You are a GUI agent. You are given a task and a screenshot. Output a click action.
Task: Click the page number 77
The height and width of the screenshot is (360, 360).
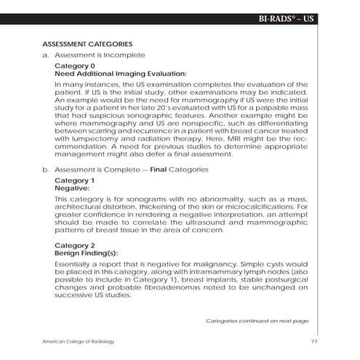point(313,342)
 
